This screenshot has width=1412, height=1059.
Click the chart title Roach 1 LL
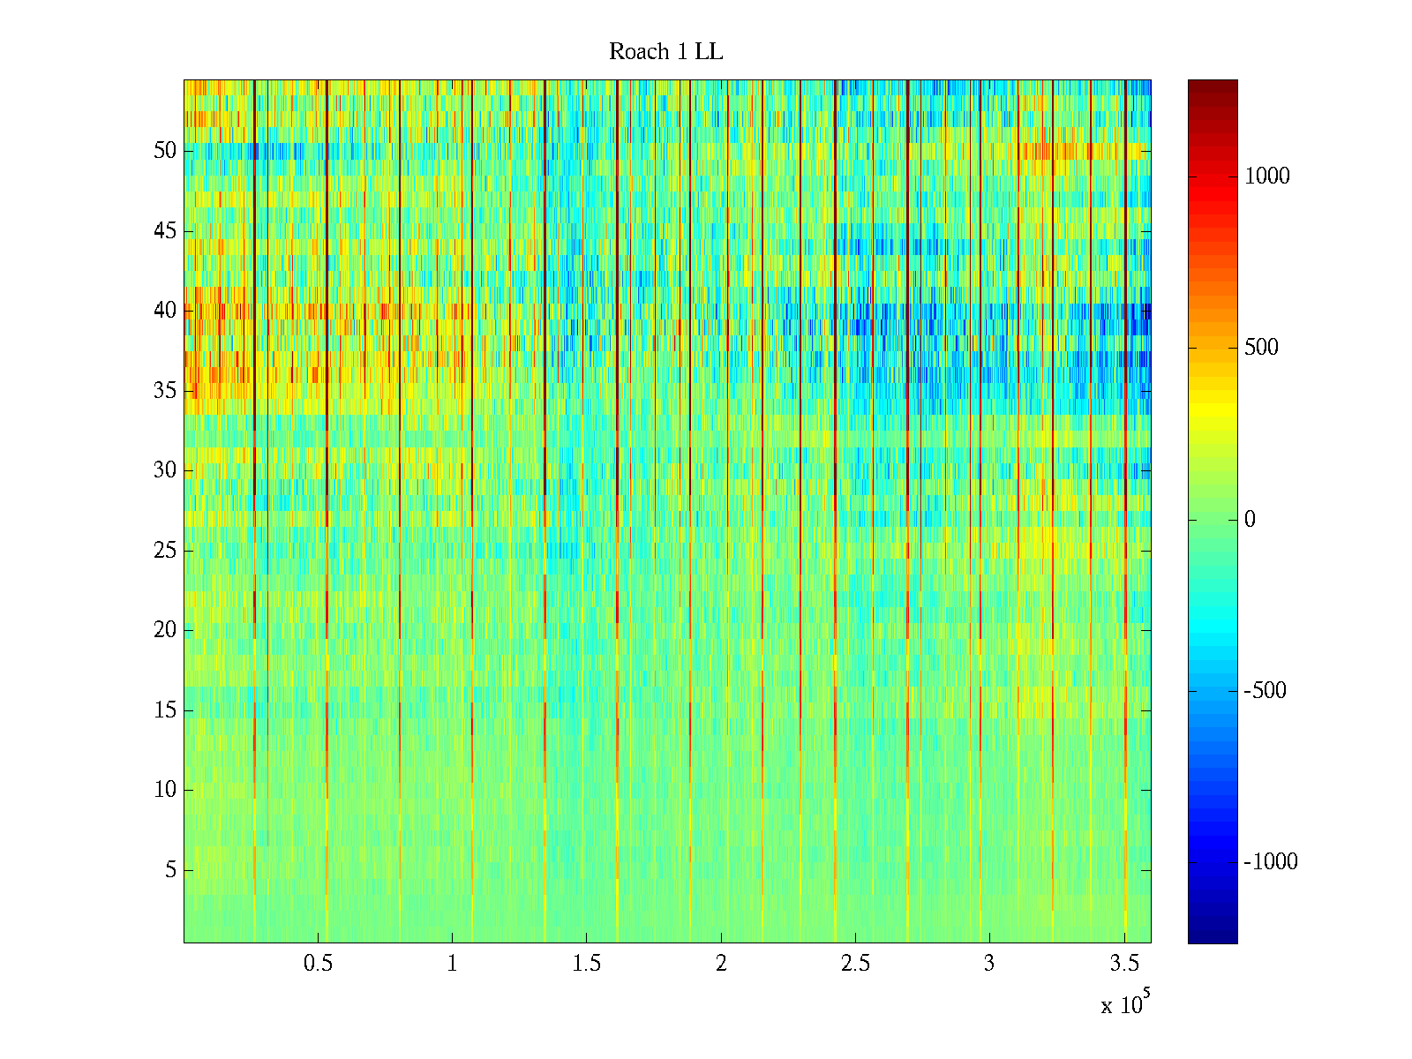point(665,52)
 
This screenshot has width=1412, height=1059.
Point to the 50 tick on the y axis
point(165,151)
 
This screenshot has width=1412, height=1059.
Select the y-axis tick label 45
point(165,231)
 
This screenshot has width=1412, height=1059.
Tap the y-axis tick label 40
point(165,311)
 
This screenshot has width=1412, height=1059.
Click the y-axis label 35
point(165,391)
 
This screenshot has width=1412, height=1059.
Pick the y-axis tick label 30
point(165,470)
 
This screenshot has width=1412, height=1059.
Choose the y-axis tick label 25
point(165,551)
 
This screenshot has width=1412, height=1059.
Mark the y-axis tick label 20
point(165,630)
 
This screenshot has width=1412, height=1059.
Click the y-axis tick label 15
point(165,710)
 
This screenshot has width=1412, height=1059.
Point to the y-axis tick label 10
point(165,790)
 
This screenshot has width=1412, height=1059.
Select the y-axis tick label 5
point(170,870)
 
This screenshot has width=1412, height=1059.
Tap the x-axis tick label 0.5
point(318,964)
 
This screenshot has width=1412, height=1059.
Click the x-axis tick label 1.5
point(587,964)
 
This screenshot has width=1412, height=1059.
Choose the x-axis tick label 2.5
point(855,964)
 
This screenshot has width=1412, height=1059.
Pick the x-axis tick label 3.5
point(1123,964)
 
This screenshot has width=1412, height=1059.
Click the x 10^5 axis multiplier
point(1125,1004)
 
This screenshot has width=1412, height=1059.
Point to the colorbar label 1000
point(1266,176)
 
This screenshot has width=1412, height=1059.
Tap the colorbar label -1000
point(1271,862)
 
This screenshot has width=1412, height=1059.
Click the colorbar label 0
point(1250,520)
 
